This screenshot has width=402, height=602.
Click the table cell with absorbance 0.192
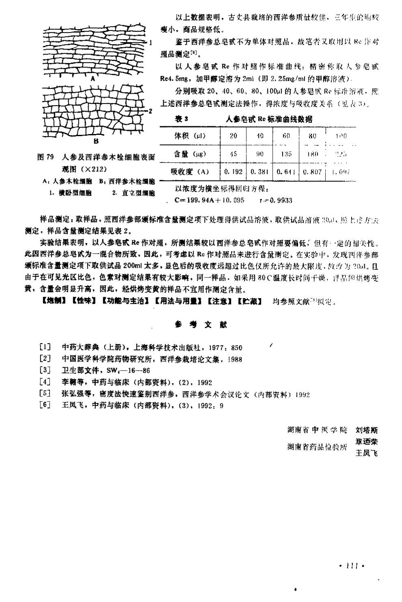click(x=233, y=172)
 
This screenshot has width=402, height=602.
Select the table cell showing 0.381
click(x=260, y=172)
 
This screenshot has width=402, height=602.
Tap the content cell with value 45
click(x=233, y=154)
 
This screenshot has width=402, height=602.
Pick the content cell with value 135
click(x=286, y=154)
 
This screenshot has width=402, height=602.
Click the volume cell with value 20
click(x=233, y=136)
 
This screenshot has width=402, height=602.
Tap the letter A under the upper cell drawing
click(x=93, y=79)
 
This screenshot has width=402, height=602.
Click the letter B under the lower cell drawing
click(x=96, y=141)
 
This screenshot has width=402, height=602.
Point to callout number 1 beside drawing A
click(x=150, y=42)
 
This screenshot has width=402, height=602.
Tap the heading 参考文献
click(x=201, y=325)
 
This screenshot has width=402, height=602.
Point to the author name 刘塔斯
click(x=366, y=430)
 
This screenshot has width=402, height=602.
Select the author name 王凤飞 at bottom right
click(x=366, y=453)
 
